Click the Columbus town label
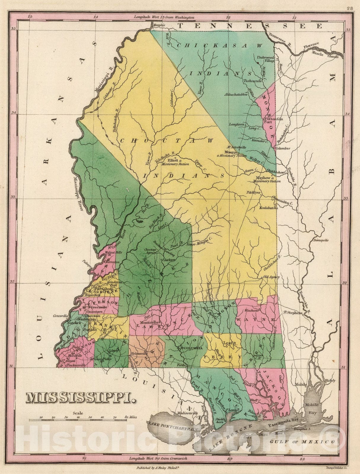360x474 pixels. pos(283,148)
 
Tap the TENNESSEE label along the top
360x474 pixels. pos(249,26)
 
